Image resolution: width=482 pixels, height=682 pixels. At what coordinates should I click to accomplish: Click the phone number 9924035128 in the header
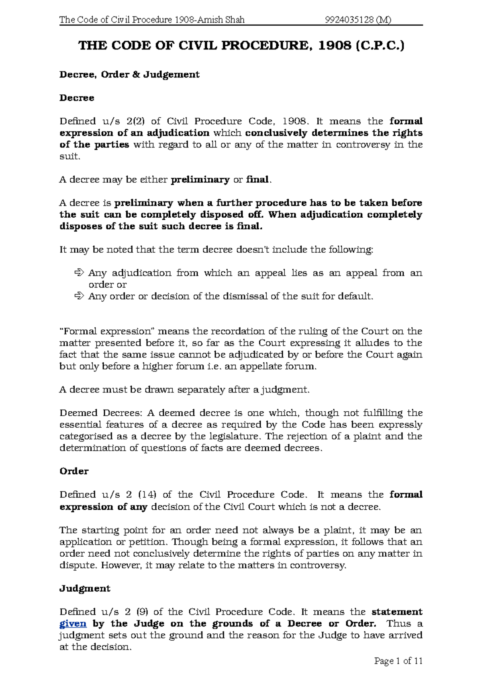tap(349, 20)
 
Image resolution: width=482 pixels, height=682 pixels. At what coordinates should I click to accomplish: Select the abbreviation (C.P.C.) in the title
tap(380, 45)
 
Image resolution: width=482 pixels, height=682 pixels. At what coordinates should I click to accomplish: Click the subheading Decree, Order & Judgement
tap(129, 75)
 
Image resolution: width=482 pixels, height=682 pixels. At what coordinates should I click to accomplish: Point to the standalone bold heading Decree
tap(77, 98)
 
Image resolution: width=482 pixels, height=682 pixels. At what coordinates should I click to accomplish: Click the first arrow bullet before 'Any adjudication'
tap(79, 273)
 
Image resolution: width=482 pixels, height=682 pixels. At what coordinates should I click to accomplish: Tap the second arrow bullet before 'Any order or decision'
tap(79, 296)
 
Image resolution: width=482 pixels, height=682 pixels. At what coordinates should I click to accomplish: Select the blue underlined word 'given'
tap(73, 624)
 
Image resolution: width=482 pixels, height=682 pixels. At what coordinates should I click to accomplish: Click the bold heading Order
tap(74, 471)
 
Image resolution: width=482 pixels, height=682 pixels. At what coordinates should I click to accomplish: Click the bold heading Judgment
tap(85, 588)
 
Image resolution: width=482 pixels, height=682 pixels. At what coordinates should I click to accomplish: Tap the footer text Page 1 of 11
tap(398, 661)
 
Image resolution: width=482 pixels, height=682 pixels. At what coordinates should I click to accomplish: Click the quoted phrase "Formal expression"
tap(107, 331)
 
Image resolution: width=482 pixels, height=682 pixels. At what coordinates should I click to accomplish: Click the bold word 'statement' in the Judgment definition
tap(396, 612)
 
